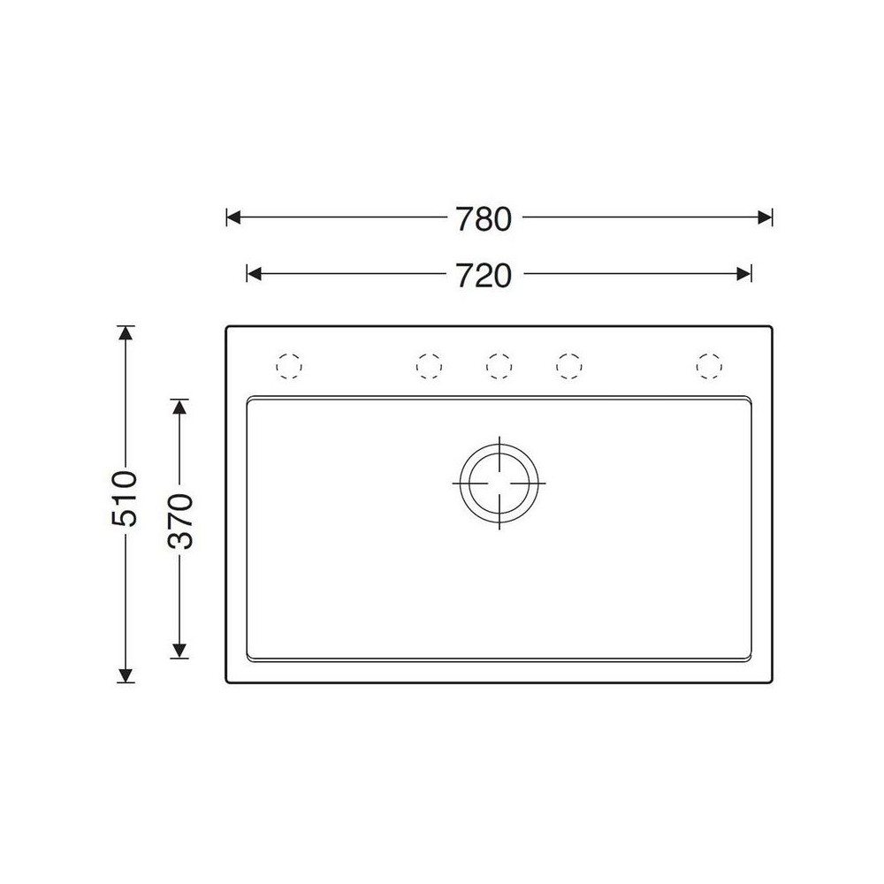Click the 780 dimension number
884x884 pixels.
484,219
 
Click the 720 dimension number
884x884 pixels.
484,276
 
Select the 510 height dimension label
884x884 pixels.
125,498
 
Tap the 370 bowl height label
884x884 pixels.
180,521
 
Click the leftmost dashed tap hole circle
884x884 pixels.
289,366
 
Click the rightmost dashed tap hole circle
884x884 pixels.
709,366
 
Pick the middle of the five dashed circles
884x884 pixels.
499,366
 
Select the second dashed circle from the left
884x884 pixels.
429,366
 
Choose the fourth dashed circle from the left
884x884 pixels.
568,366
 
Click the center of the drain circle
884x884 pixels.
499,484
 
